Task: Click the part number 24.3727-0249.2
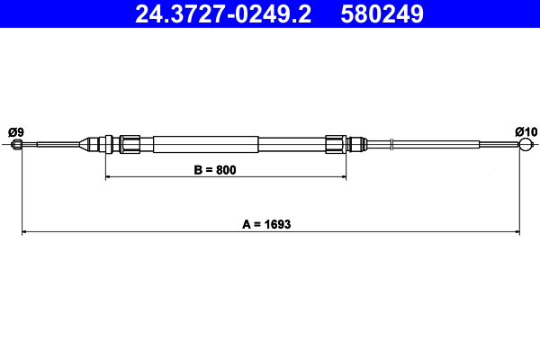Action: click(222, 13)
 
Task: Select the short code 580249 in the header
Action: click(382, 13)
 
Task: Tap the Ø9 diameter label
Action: click(14, 132)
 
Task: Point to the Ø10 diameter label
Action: click(526, 132)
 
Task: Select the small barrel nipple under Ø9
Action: click(16, 144)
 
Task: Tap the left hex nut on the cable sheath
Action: click(130, 143)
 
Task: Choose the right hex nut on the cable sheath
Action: click(335, 143)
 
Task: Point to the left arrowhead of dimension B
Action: click(109, 177)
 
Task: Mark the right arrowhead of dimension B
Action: click(343, 177)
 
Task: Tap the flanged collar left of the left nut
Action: click(110, 143)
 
